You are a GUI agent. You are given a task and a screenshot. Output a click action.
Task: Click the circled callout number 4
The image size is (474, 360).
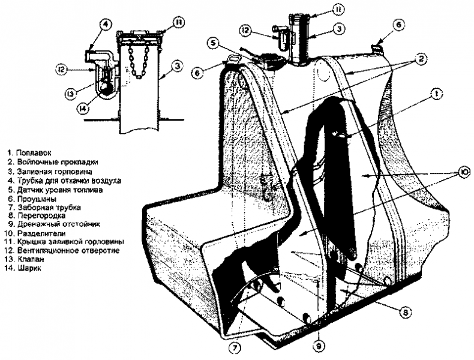[x=105, y=25]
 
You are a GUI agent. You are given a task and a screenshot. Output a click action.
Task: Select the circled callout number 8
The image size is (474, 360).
[x=406, y=312]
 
